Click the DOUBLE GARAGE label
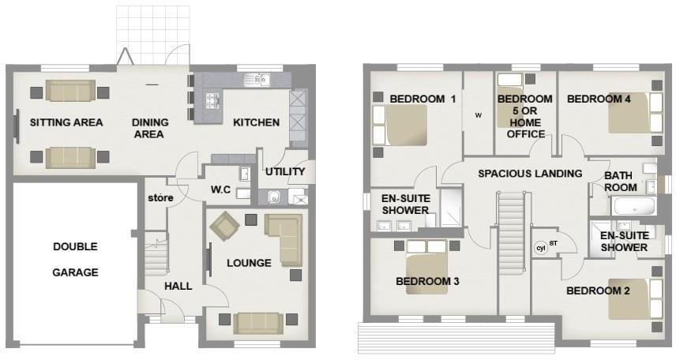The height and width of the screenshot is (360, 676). [75, 259]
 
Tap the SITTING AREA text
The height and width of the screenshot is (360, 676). [66, 122]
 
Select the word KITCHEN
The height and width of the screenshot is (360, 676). [255, 122]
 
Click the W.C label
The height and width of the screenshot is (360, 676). [221, 189]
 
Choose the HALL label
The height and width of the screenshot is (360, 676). [178, 286]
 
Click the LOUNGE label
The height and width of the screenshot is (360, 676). [249, 263]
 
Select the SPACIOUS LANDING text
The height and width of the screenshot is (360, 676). [530, 173]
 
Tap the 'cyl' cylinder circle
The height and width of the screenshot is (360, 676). [541, 247]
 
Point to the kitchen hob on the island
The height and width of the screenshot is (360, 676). [212, 100]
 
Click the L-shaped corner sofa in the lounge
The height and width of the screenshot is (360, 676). [287, 238]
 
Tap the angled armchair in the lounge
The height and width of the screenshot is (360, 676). [225, 229]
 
